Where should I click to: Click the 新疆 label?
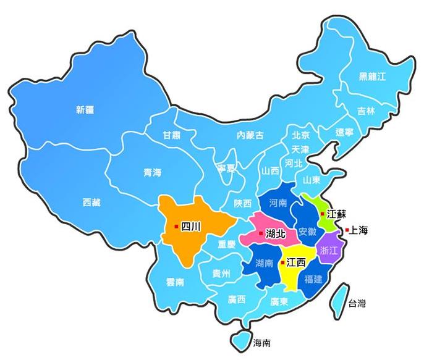click(85, 111)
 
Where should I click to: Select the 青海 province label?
click(153, 173)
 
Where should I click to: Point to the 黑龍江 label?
click(372, 77)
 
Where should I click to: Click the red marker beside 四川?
click(177, 227)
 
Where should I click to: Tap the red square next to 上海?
click(347, 230)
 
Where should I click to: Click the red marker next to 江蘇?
click(322, 213)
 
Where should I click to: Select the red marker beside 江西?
click(282, 262)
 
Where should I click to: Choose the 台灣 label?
click(357, 303)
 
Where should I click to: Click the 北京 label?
click(301, 135)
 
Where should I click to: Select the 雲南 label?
click(175, 282)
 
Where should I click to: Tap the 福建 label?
click(313, 278)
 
